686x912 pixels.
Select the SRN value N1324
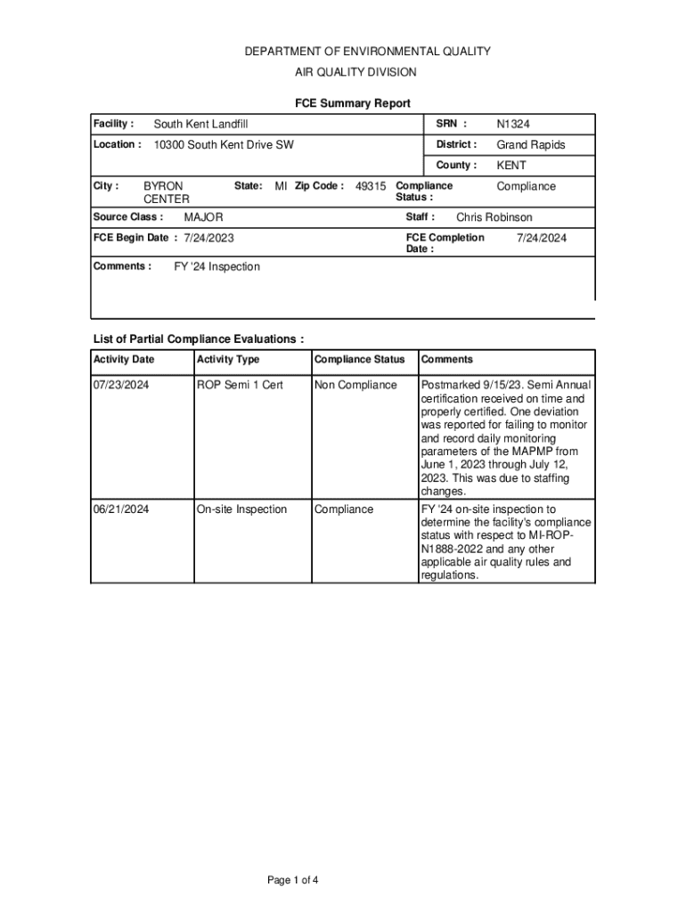513,124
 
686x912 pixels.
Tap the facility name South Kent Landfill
200,124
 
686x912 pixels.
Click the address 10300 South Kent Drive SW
224,144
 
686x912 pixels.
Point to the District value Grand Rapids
530,144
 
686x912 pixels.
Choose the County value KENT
511,166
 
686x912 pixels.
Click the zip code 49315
371,186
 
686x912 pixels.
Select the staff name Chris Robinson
494,217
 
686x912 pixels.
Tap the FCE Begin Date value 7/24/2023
208,239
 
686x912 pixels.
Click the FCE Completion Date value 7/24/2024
542,238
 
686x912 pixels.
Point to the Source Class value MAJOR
203,217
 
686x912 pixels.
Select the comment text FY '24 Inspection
216,267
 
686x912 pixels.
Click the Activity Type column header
228,360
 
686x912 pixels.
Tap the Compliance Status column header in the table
359,360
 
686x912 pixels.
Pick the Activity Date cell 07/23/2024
121,385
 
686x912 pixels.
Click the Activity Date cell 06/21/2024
121,509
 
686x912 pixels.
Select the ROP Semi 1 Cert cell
240,385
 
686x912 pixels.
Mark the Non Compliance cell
355,385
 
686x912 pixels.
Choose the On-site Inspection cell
241,509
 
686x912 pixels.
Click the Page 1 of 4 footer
293,881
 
